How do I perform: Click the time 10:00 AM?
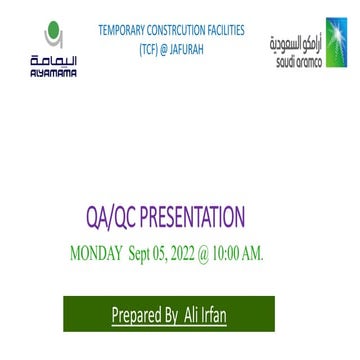click(x=240, y=254)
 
